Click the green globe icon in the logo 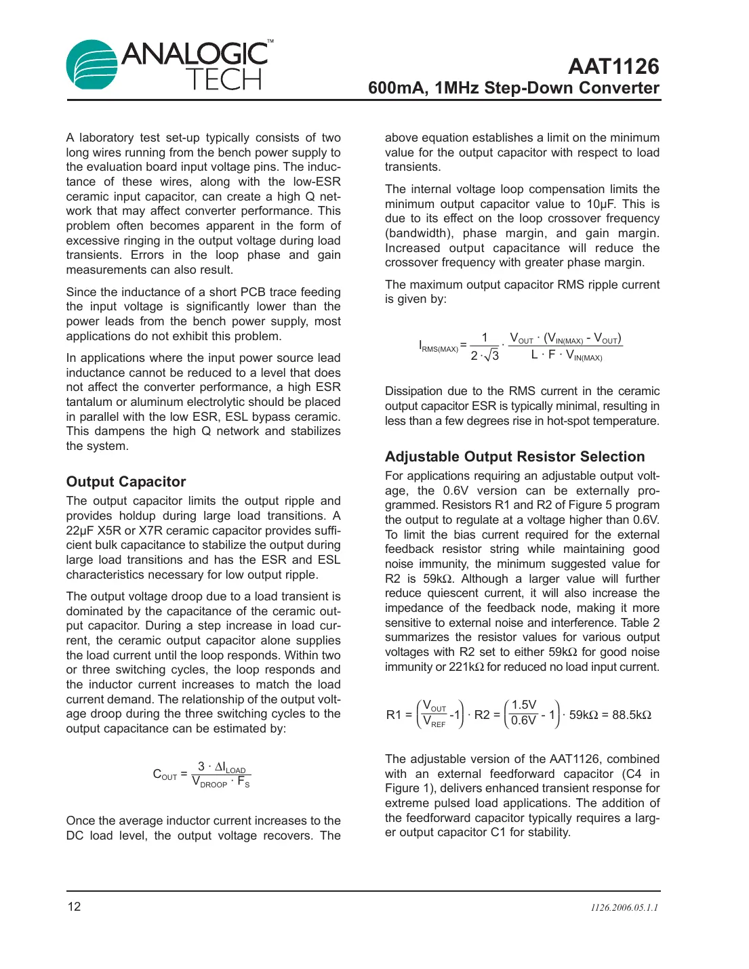92,65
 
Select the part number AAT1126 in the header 613,66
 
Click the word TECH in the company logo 224,79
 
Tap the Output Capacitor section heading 126,482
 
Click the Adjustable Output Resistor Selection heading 514,457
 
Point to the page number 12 74,907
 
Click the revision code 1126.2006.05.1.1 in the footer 624,907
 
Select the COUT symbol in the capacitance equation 165,775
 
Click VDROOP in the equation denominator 209,782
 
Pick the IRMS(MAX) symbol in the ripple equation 438,347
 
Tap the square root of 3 491,355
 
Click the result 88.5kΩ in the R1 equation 631,715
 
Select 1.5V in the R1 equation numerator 524,705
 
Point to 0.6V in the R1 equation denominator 523,721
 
